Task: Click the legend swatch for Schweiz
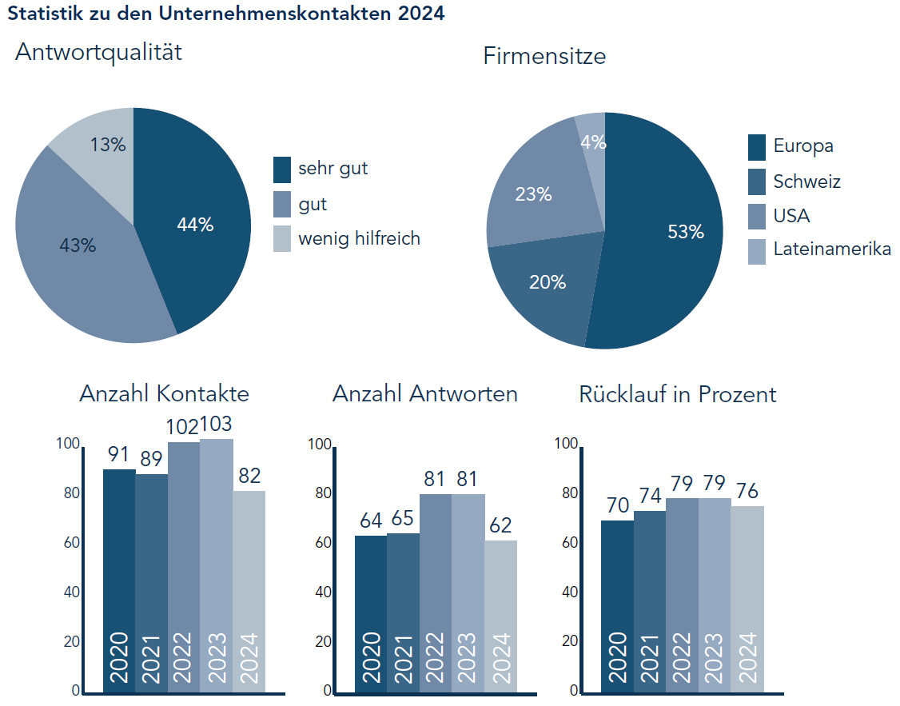pyautogui.click(x=757, y=181)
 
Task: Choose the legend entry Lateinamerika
pyautogui.click(x=831, y=249)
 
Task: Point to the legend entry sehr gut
pyautogui.click(x=333, y=169)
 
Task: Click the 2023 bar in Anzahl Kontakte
pyautogui.click(x=217, y=560)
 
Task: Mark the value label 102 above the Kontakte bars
pyautogui.click(x=184, y=425)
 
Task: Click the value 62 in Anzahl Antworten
pyautogui.click(x=500, y=525)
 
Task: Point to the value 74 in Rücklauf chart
pyautogui.click(x=649, y=495)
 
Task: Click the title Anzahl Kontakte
pyautogui.click(x=164, y=394)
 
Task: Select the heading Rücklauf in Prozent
pyautogui.click(x=677, y=394)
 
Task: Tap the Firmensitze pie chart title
pyautogui.click(x=544, y=57)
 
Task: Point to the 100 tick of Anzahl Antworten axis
pyautogui.click(x=320, y=444)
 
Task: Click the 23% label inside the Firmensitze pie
pyautogui.click(x=533, y=193)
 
